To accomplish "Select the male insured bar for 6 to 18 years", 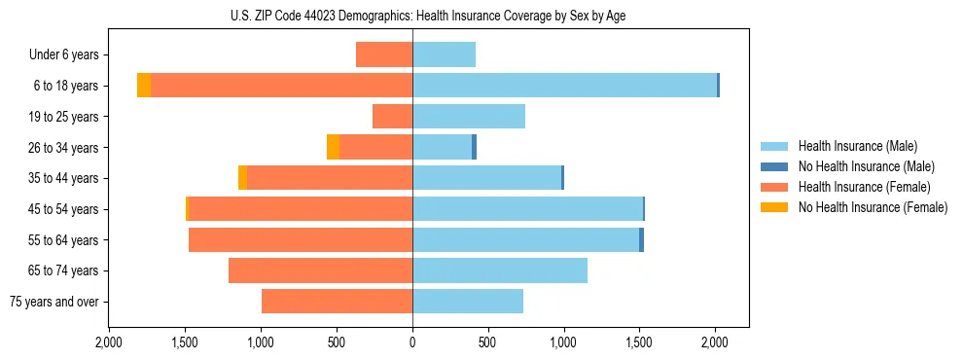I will coord(564,86).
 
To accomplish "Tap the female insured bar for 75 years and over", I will coord(337,302).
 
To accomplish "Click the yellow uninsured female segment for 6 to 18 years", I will coord(144,86).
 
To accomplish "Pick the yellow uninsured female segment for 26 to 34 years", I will coord(333,147).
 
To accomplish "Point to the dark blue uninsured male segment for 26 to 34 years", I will coord(474,147).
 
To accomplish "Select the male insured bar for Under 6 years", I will coord(444,54).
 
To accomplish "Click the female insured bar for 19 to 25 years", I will coord(392,117).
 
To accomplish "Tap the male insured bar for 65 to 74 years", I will coord(500,270).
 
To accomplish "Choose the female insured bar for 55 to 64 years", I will coord(301,240).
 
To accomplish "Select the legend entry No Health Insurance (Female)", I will coord(873,207).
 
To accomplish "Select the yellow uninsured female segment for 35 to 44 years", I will coord(242,178).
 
